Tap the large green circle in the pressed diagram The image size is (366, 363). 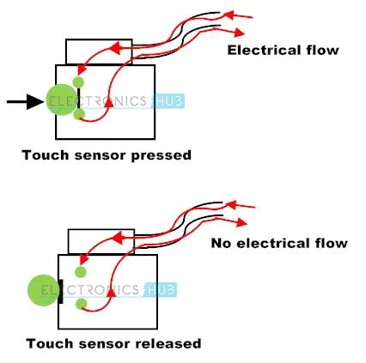point(59,101)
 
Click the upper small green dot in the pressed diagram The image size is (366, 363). point(79,82)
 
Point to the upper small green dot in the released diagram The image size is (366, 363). point(80,272)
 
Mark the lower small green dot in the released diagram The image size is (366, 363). point(80,304)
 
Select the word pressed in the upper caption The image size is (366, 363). point(162,155)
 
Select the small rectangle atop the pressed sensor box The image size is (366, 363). point(99,51)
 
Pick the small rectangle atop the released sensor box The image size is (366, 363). point(101,241)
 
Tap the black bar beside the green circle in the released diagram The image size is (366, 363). point(60,290)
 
